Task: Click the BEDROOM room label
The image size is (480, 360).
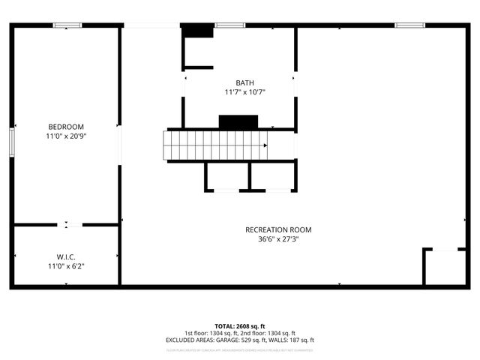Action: point(66,127)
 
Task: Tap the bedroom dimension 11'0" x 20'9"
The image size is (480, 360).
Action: point(66,136)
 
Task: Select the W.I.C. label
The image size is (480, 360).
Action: point(66,256)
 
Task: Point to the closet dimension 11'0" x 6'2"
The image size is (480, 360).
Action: point(66,266)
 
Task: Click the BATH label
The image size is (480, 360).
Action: point(244,82)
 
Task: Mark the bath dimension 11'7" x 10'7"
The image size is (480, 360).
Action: point(244,92)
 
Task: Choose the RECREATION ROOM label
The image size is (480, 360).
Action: point(278,229)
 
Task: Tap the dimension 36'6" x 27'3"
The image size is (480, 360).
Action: point(278,239)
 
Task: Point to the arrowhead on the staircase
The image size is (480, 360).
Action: point(265,145)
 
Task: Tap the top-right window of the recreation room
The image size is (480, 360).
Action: point(410,25)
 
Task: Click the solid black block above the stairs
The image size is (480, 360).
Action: point(238,121)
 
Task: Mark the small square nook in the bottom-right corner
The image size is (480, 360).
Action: point(444,267)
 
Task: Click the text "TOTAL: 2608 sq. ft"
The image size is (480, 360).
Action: point(239,325)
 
